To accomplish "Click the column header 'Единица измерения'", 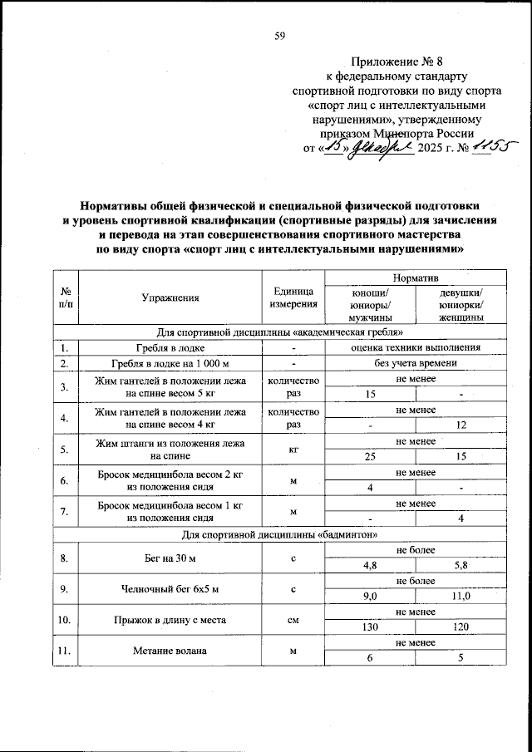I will click(x=292, y=297).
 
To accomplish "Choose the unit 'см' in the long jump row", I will click(x=292, y=621).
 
